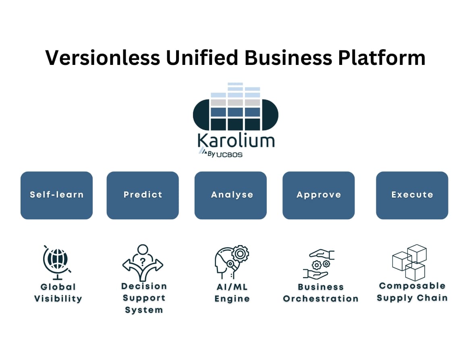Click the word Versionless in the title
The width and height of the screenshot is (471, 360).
point(103,57)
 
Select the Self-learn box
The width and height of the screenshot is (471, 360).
point(56,195)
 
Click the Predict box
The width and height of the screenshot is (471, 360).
point(143,195)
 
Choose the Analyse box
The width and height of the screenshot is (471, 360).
point(230,195)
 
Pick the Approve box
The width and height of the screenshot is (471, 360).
point(319,195)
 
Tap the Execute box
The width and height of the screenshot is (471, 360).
point(412,195)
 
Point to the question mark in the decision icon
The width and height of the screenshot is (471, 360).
point(143,260)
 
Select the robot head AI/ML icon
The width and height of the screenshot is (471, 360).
point(231,262)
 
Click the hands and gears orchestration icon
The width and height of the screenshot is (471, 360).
point(319,264)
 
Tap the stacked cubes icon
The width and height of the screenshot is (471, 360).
point(409,262)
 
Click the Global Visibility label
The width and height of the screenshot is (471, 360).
point(58,293)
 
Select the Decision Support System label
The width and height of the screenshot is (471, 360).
point(144,298)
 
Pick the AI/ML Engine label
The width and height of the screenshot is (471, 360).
point(232,293)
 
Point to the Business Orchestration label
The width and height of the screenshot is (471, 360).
point(321,293)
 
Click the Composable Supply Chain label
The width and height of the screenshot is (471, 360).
point(412,292)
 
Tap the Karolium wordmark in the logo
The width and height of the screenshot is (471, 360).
point(236,141)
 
